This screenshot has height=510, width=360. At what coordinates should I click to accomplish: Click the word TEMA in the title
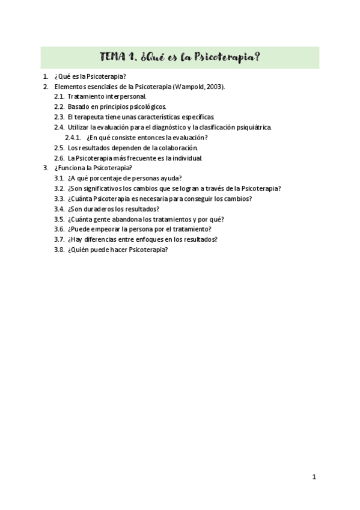pyautogui.click(x=113, y=58)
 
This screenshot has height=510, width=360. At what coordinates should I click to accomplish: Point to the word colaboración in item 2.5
pyautogui.click(x=178, y=148)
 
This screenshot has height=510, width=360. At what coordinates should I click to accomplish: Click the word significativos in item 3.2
pyautogui.click(x=100, y=189)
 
